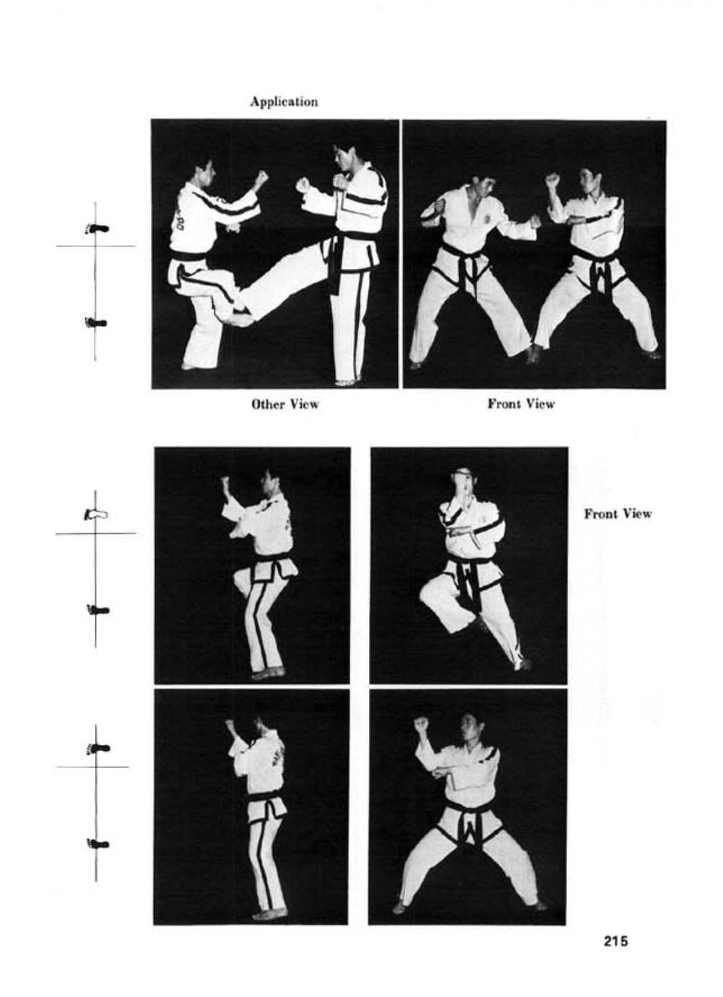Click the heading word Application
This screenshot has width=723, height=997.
284,102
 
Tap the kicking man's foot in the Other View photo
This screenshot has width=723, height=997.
242,318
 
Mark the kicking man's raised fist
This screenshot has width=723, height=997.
262,178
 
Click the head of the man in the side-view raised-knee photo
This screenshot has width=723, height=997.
269,483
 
